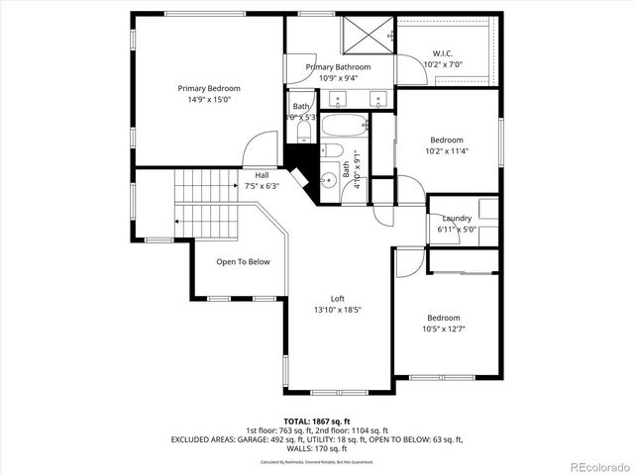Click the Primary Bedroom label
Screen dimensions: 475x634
pos(209,88)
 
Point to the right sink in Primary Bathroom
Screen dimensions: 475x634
pos(376,99)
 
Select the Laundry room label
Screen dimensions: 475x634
pos(457,218)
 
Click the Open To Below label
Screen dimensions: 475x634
pos(243,262)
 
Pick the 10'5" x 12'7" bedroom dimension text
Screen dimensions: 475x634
pos(445,330)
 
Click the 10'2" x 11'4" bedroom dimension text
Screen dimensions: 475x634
pos(446,151)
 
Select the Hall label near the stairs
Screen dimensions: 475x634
pos(262,175)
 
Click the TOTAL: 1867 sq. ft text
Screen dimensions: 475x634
pos(317,419)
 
